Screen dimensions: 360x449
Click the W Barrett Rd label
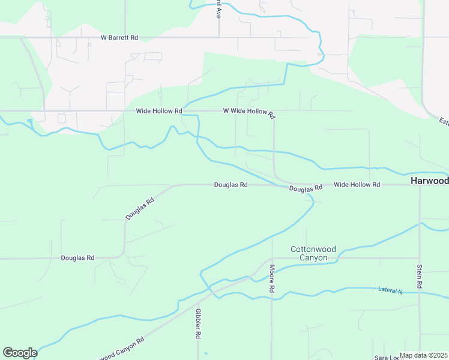click(119, 37)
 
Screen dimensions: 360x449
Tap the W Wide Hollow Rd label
click(249, 112)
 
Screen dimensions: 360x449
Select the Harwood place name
click(429, 181)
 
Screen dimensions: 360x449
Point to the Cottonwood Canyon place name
click(309, 253)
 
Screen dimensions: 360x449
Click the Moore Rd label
click(272, 279)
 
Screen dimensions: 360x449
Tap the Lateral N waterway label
click(390, 290)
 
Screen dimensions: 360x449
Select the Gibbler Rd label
click(197, 323)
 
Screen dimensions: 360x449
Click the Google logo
click(20, 353)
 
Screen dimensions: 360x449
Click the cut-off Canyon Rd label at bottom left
click(123, 348)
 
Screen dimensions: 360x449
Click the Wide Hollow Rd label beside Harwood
click(357, 185)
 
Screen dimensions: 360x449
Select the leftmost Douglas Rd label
click(77, 258)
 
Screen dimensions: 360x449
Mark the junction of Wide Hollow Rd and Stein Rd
click(420, 185)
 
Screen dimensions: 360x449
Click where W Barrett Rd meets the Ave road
click(219, 37)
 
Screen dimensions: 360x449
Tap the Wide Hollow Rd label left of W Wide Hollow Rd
click(158, 111)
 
